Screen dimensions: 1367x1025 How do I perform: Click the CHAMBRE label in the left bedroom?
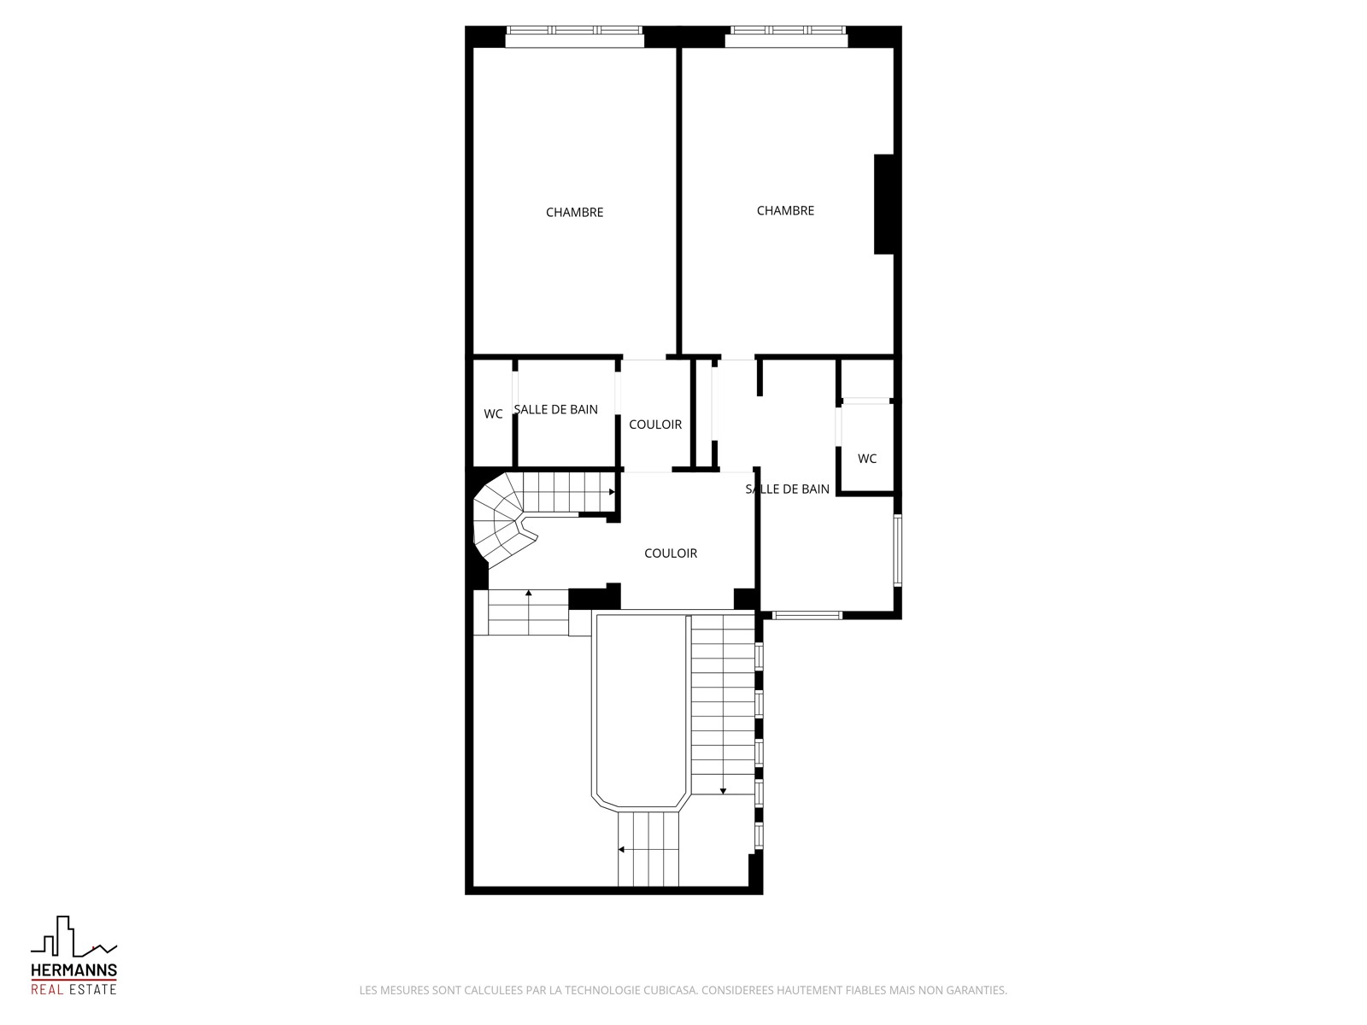pos(574,212)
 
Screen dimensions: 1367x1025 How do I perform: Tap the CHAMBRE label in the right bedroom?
pos(784,211)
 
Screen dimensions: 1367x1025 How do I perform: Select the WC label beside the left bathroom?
pos(493,414)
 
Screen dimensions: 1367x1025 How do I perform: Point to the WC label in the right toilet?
pos(866,459)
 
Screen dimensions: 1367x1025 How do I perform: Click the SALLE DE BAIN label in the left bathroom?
pos(555,409)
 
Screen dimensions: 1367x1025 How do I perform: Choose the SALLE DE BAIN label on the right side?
pos(787,489)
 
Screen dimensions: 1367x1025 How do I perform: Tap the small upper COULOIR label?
pos(655,425)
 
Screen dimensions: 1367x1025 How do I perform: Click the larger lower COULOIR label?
pos(670,553)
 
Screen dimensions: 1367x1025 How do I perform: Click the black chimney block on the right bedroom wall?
pos(883,204)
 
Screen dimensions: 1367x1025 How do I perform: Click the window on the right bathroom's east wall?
pos(897,550)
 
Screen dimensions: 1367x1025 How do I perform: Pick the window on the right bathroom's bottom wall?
pos(807,616)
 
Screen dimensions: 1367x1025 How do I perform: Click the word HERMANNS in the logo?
pos(74,969)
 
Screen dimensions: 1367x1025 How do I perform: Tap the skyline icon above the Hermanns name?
pos(74,936)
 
